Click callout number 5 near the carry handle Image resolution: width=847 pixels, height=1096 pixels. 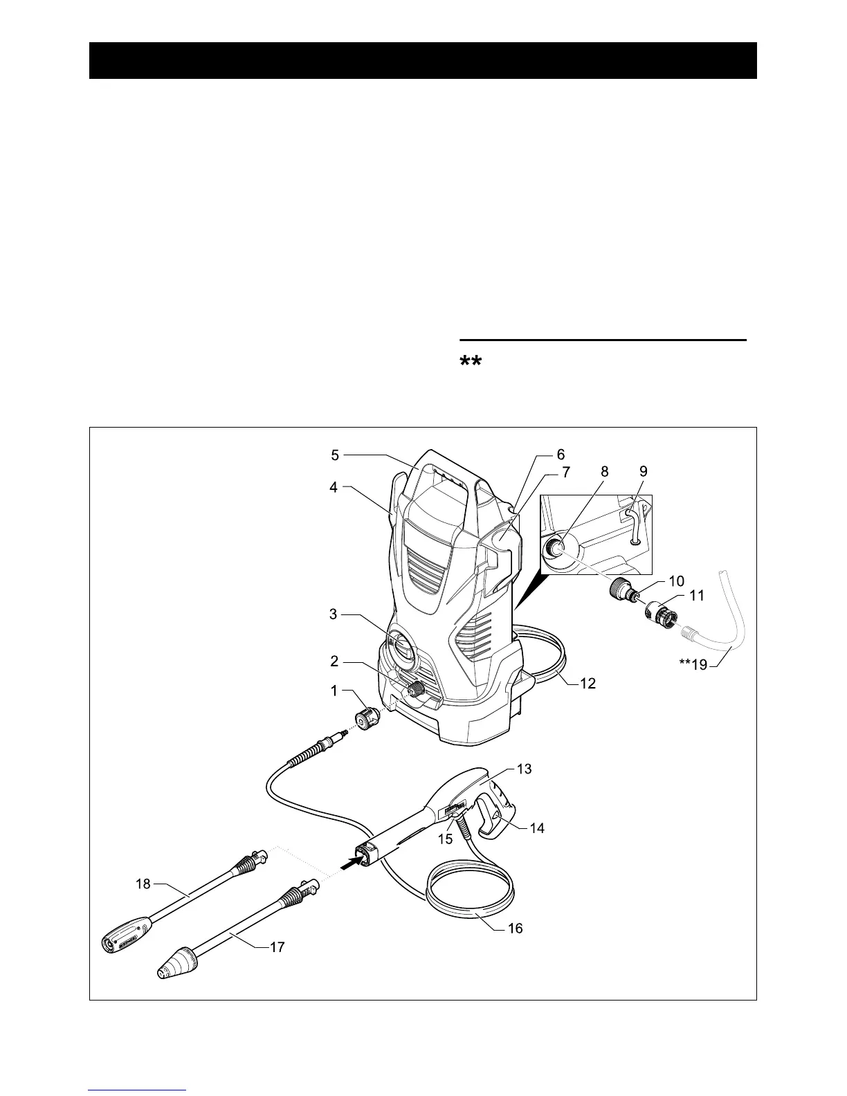click(x=335, y=455)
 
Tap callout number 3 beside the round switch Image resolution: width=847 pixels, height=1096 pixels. click(x=334, y=614)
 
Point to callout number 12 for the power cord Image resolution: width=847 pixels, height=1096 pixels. click(x=588, y=684)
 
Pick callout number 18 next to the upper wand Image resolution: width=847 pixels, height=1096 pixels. click(x=143, y=884)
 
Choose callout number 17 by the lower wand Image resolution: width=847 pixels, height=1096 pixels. click(x=277, y=947)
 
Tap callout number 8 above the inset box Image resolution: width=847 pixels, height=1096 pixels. click(x=605, y=471)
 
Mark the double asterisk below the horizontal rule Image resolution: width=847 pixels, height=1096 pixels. click(x=470, y=363)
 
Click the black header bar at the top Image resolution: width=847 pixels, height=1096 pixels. click(x=423, y=61)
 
